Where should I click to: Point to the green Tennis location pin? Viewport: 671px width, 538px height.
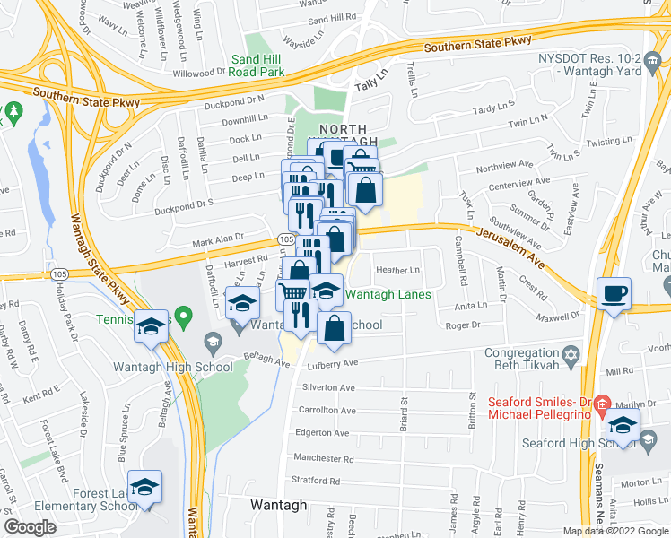coord(184,316)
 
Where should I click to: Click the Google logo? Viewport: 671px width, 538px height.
coord(30,527)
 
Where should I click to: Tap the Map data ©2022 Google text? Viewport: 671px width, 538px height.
coord(615,531)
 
